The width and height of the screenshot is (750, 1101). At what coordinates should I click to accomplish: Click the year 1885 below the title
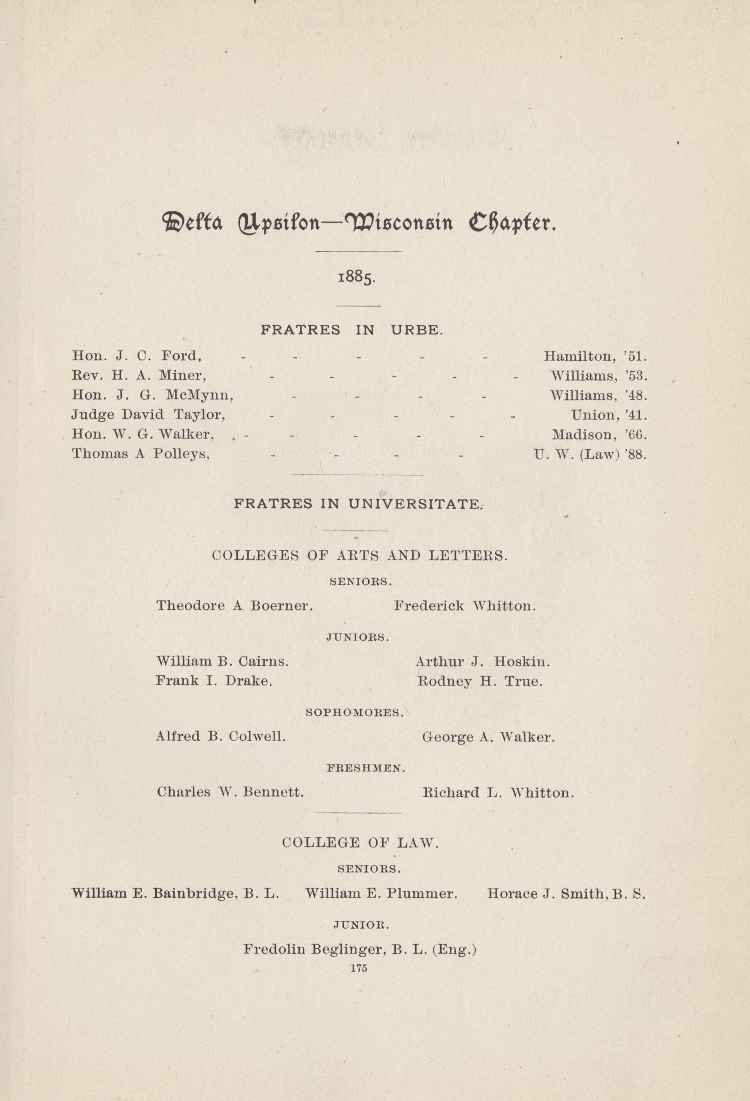pos(356,276)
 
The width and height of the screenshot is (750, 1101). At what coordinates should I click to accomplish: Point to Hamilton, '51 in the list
pos(595,356)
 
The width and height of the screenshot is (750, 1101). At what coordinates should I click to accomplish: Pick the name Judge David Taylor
pos(148,415)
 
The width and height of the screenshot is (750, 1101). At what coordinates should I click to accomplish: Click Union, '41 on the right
pos(608,416)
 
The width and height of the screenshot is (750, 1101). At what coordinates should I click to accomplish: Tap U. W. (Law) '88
pos(589,455)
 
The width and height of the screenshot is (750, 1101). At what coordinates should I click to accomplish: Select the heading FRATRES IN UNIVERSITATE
pos(358,503)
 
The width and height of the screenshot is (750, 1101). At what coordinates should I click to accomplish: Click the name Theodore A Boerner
pos(234,606)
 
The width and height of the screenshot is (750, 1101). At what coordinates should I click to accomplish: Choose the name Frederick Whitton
pos(465,606)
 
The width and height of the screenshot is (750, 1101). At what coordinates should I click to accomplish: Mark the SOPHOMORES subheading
pos(355,712)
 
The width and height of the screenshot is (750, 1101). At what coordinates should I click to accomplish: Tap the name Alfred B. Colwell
pos(221,737)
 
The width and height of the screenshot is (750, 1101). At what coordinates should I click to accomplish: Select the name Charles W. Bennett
pos(230,793)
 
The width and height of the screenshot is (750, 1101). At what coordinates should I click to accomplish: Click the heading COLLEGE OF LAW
pos(360,843)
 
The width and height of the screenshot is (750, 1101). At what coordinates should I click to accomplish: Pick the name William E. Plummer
pos(381,894)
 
